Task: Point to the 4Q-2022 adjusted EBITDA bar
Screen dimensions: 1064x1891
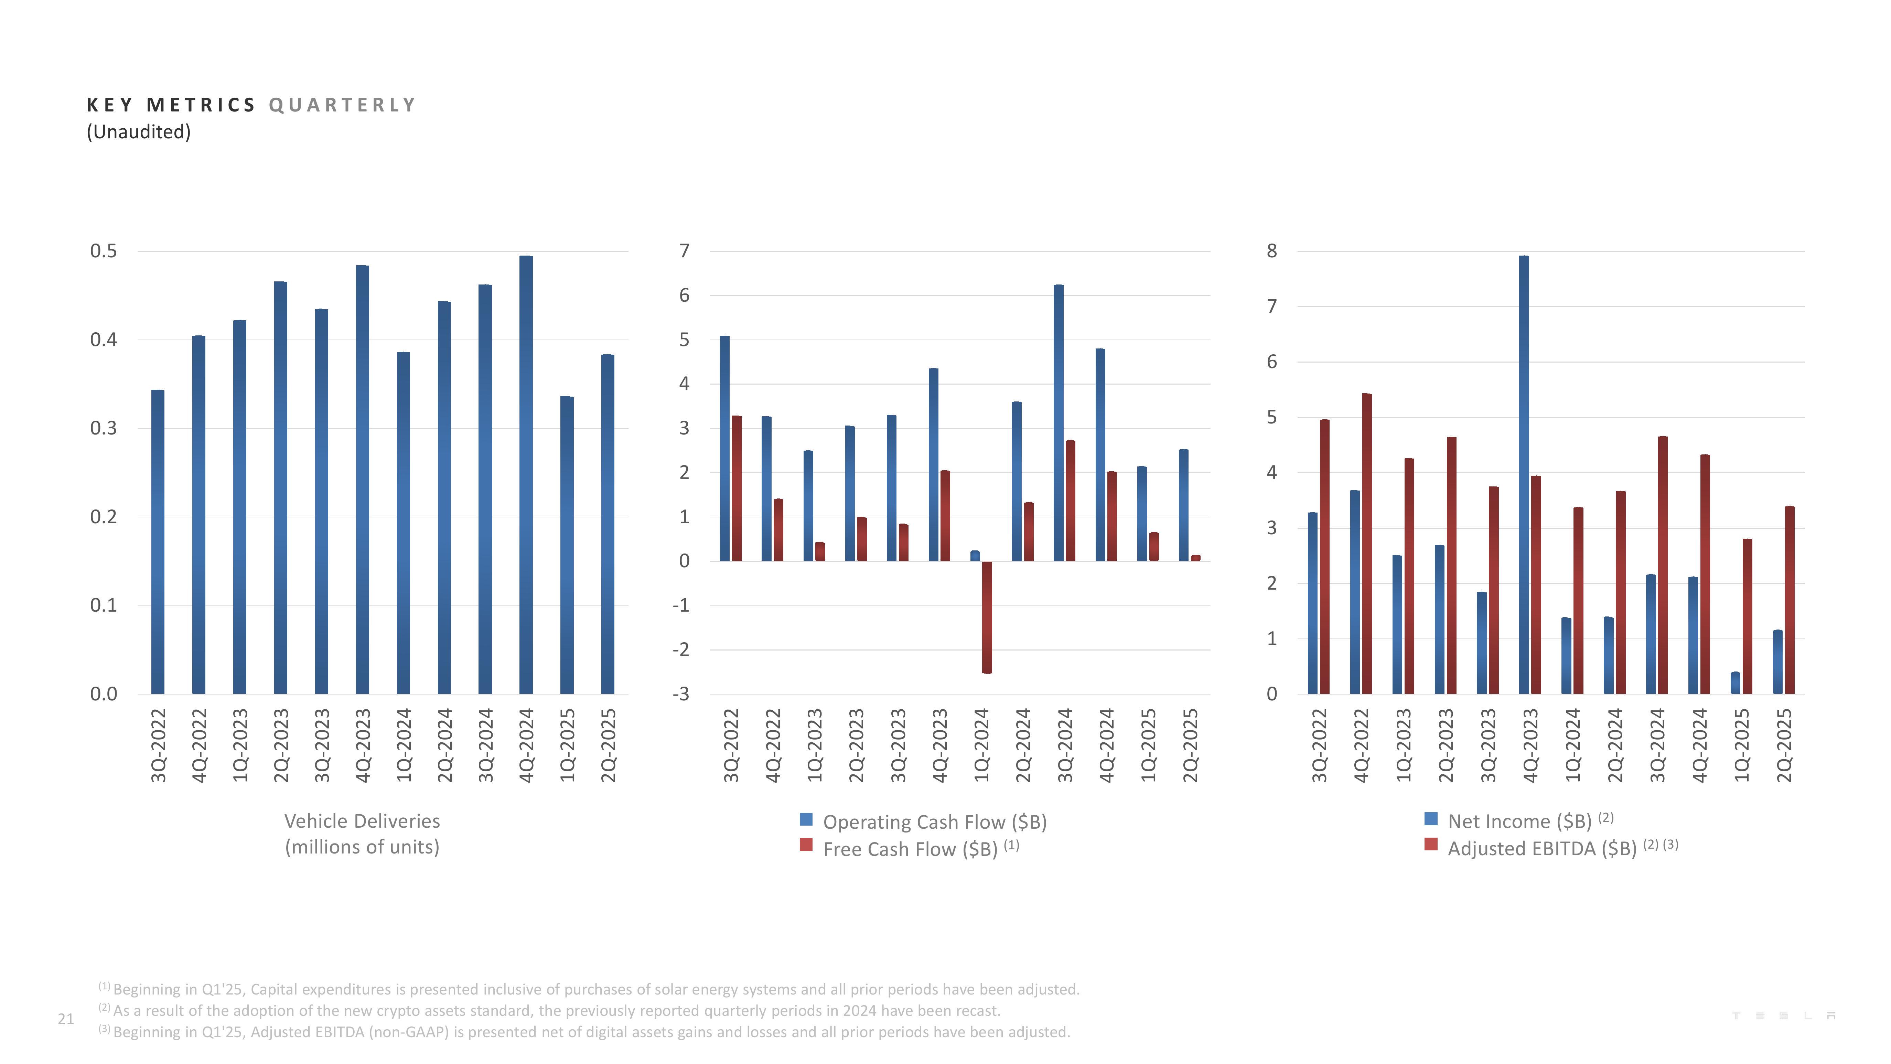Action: click(x=1367, y=544)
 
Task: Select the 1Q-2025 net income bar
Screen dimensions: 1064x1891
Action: click(x=1736, y=683)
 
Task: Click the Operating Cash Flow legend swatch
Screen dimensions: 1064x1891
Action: click(x=806, y=819)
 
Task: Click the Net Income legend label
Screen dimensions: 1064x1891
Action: click(x=1519, y=822)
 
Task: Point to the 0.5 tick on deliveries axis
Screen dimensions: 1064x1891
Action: click(x=104, y=251)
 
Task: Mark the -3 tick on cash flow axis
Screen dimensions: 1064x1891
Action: click(x=681, y=694)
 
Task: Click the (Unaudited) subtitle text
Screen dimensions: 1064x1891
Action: click(x=139, y=132)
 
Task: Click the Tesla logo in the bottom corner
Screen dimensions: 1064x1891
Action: click(x=1784, y=1015)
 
